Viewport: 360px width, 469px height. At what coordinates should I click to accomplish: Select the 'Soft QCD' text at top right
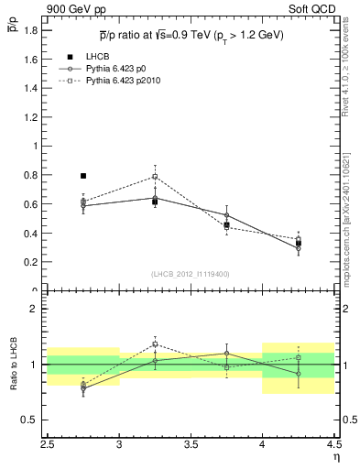point(316,9)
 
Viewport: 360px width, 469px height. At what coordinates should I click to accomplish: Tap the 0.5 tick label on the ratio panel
point(30,420)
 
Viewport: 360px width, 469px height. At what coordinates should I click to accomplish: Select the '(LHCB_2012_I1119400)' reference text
point(191,275)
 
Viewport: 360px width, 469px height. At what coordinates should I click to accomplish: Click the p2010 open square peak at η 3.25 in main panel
point(155,176)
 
